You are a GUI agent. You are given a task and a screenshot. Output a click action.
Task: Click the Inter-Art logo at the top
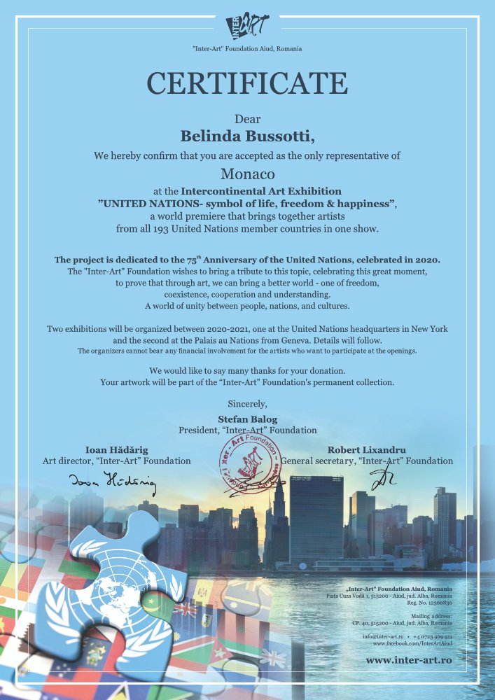[247, 27]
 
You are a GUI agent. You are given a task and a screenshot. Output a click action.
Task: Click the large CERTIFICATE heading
[247, 83]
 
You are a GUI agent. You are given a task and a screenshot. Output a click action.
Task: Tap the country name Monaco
[247, 173]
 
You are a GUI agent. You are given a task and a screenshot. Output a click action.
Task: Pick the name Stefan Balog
[247, 419]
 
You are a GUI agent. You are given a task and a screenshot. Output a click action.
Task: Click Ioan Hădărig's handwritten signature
[112, 481]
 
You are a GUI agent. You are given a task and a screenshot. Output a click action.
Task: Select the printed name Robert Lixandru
[367, 449]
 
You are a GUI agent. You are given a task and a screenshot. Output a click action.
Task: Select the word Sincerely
[247, 402]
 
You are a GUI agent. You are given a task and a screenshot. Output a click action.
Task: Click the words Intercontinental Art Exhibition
[261, 190]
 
